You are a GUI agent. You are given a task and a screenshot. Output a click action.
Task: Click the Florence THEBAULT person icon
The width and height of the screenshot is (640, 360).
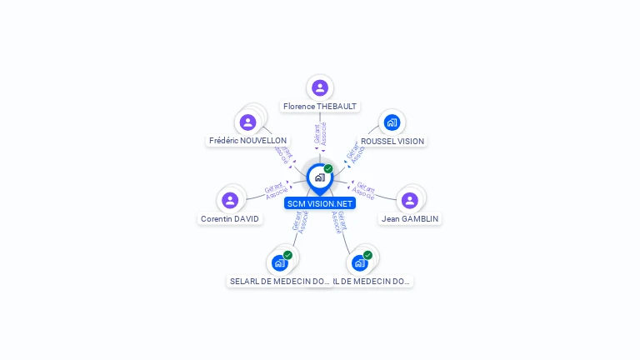pos(320,87)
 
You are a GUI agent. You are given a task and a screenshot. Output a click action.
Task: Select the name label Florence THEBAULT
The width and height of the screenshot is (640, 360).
pos(320,107)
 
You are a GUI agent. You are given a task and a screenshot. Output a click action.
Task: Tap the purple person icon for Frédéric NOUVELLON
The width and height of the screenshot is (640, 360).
pos(247,122)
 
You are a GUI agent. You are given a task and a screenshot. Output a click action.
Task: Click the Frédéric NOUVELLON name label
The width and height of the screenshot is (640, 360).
pos(247,141)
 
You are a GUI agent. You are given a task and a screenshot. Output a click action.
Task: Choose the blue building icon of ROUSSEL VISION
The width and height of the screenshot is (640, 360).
pos(392,122)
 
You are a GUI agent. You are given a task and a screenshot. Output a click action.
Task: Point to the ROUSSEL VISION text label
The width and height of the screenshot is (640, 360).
pos(392,142)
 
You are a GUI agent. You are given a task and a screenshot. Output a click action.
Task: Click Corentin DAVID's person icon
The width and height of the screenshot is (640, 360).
pos(230,200)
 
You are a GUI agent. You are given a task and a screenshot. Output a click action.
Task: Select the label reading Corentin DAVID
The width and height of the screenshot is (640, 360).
pos(230,219)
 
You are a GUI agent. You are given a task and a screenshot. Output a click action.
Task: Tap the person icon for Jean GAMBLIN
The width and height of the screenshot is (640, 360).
pos(409,200)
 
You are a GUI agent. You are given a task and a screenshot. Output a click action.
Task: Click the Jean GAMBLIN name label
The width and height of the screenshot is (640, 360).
pos(409,219)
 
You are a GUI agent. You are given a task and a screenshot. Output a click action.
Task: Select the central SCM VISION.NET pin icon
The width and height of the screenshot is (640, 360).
pos(319,177)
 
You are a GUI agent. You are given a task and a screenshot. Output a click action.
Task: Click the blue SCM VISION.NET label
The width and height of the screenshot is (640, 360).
pos(320,203)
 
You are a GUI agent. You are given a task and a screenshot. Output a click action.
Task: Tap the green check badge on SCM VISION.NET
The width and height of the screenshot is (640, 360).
pos(328,168)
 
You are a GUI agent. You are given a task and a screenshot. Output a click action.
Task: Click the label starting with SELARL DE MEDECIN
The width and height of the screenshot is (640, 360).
pos(280,282)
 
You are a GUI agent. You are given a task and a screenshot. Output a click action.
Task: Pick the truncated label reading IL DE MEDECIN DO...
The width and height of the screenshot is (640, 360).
pos(372,282)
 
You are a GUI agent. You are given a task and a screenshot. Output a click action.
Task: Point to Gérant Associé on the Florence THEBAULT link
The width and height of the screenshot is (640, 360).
pos(321,135)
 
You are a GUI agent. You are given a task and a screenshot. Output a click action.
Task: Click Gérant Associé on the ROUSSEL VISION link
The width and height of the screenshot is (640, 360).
pos(353,151)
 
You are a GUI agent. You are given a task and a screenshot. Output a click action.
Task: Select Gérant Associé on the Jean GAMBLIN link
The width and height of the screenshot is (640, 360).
pos(364,191)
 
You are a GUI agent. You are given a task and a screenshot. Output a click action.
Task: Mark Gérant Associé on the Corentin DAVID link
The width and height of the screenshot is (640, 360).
pos(275,191)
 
